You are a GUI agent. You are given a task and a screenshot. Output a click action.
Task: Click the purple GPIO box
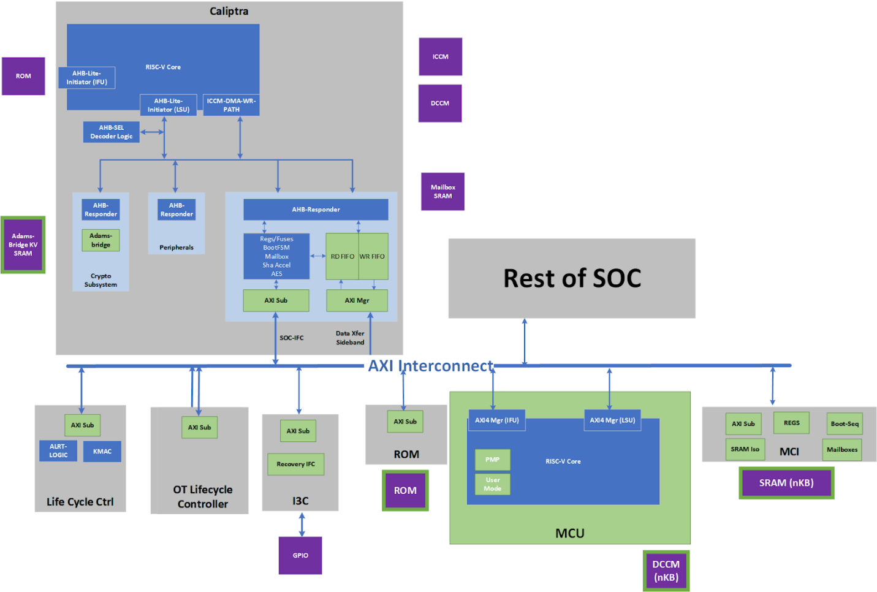pos(300,555)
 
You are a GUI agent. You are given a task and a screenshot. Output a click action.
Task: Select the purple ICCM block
pos(440,56)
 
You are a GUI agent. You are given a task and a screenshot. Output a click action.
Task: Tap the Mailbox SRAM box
pos(442,192)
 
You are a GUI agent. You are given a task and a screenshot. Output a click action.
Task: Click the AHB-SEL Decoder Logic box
pos(111,132)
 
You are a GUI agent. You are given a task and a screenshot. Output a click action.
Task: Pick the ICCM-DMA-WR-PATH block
pos(231,105)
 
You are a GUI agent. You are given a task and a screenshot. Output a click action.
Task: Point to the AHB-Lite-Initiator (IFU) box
pos(86,78)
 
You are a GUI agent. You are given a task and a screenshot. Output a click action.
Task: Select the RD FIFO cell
pos(342,256)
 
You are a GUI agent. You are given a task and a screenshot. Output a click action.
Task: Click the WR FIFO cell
pos(373,256)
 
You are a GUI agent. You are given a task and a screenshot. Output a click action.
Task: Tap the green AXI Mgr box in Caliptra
pos(357,300)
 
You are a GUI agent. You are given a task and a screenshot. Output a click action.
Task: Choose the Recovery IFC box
pos(295,464)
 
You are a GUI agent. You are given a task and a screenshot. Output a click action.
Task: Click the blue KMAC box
pos(102,452)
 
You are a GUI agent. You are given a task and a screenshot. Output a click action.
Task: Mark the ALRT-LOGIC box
pos(58,450)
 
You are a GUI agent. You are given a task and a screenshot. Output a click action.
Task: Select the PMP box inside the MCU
pos(492,460)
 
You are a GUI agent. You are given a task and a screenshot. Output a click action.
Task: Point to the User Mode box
pos(492,484)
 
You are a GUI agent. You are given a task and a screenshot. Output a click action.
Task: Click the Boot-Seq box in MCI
pos(844,423)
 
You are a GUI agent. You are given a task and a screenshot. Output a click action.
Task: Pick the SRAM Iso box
pos(745,449)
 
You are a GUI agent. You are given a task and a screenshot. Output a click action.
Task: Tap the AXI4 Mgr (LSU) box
pos(612,420)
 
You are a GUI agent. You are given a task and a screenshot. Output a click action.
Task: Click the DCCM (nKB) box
pos(666,571)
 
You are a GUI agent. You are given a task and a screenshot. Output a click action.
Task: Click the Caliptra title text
pos(229,11)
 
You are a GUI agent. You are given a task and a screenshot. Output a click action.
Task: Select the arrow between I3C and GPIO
pos(302,524)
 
